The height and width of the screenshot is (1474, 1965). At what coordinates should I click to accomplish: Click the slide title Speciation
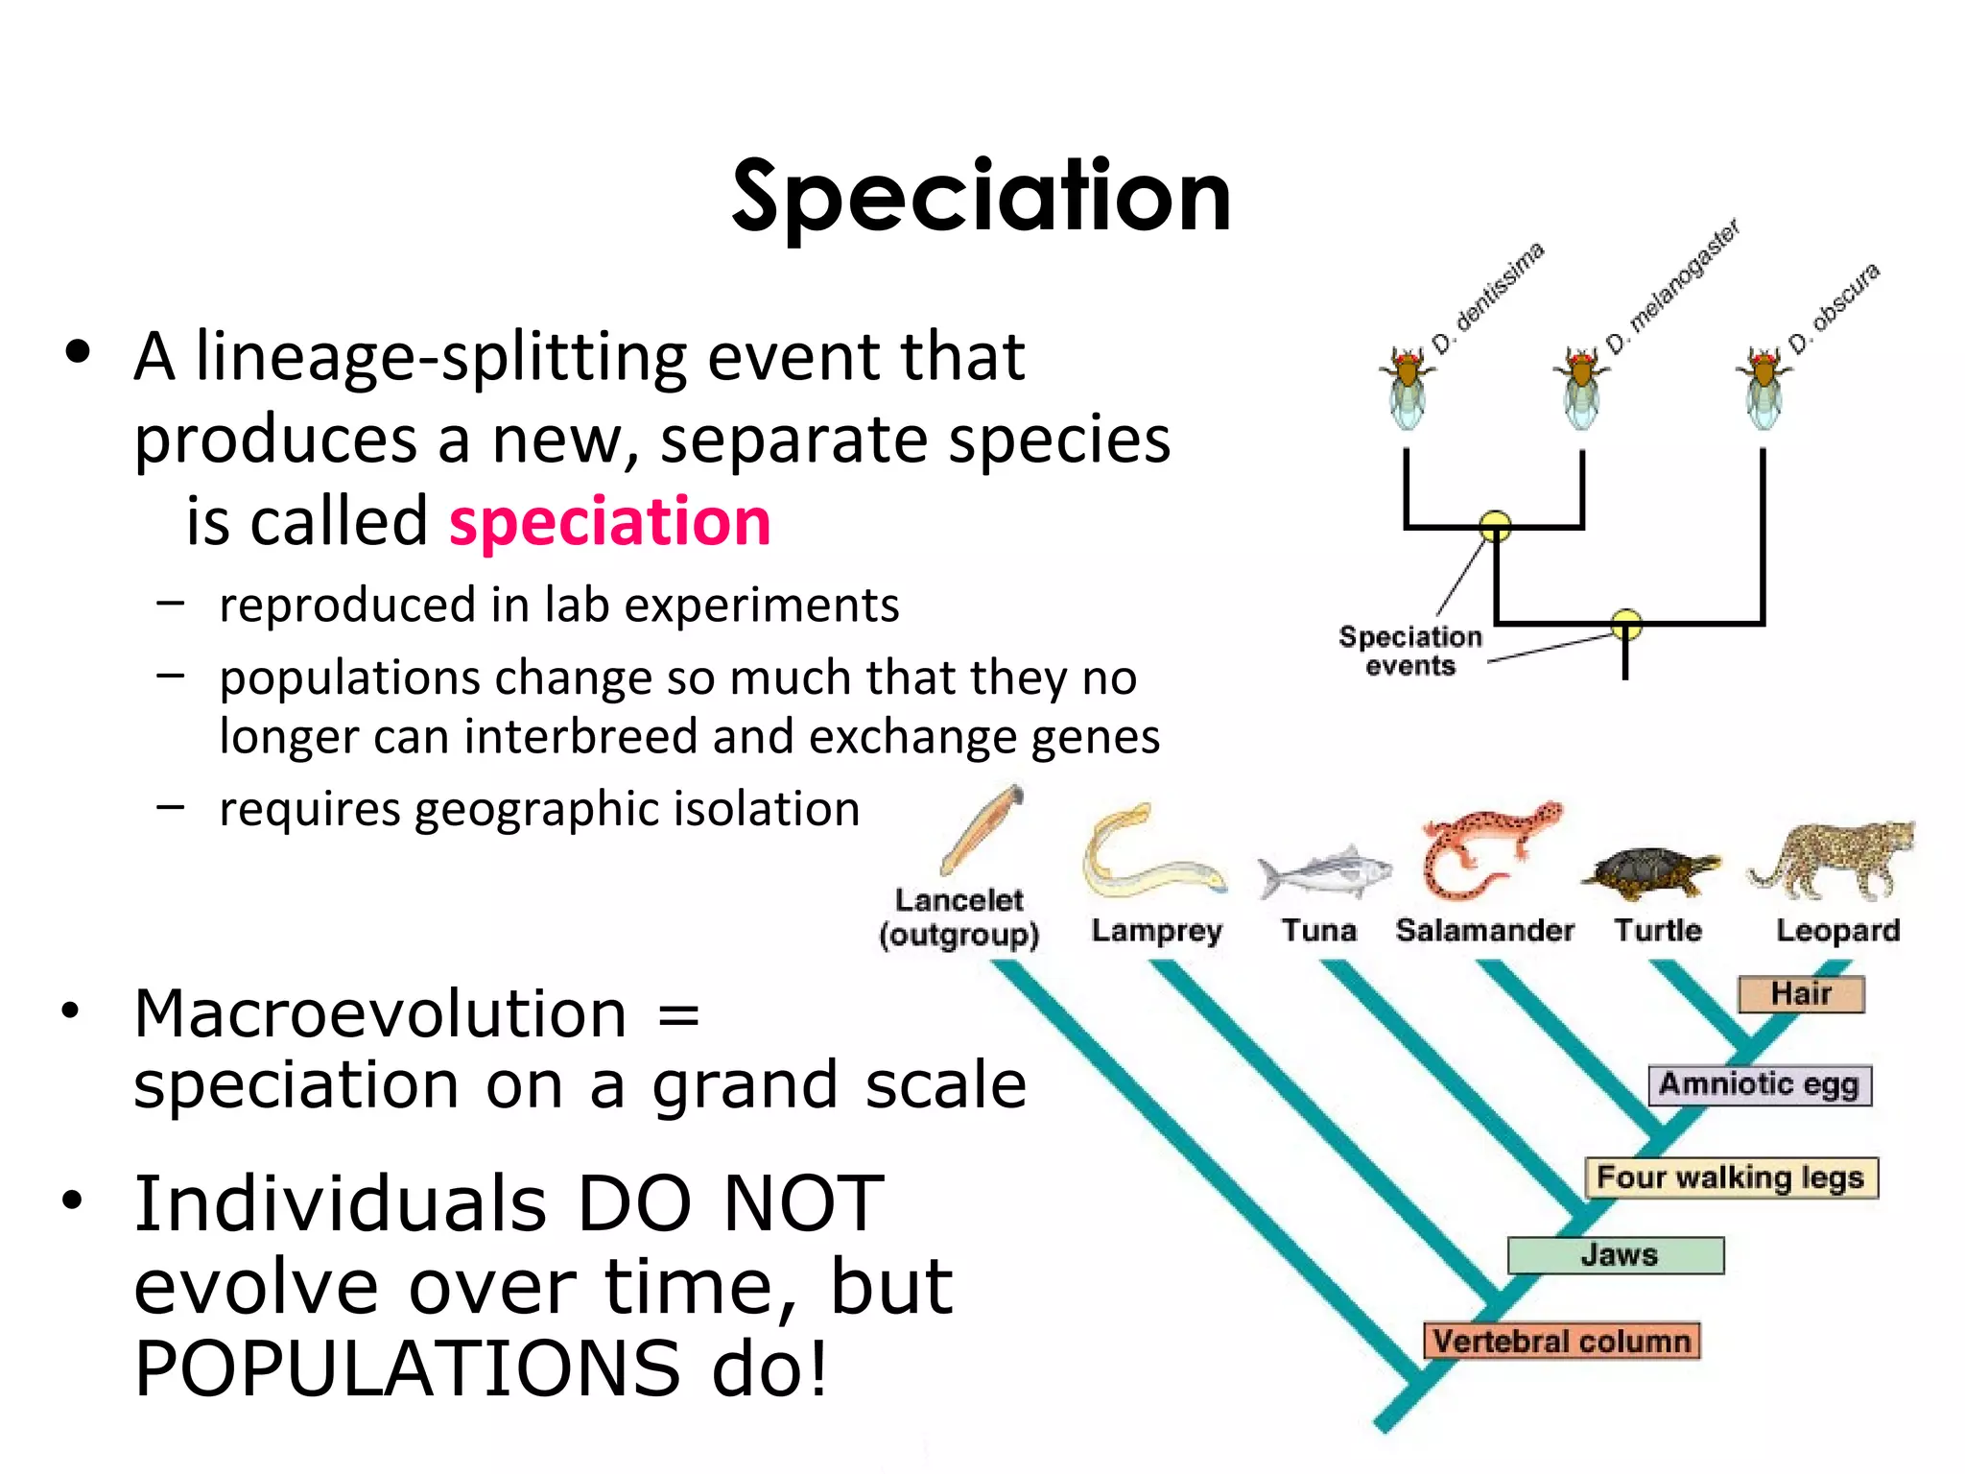(x=981, y=197)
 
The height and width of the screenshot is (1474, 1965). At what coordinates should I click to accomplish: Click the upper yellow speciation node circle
(x=1495, y=526)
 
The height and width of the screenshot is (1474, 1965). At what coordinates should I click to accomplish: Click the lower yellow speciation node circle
(x=1625, y=625)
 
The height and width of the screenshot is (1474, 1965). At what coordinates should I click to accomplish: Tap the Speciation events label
(x=1409, y=651)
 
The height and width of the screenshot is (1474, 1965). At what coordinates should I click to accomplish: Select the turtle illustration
(x=1650, y=871)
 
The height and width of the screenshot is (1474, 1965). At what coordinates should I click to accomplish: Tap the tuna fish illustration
(x=1324, y=871)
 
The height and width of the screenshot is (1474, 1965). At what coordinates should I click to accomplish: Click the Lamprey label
(x=1156, y=930)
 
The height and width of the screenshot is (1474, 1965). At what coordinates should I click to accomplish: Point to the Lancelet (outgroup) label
(x=959, y=916)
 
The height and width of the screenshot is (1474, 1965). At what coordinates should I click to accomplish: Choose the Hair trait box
(x=1801, y=994)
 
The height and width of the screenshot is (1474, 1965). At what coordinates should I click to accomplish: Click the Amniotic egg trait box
(x=1759, y=1084)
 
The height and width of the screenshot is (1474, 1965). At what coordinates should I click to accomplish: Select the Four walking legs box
(x=1730, y=1177)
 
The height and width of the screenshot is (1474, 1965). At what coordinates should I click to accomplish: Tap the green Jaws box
(x=1617, y=1255)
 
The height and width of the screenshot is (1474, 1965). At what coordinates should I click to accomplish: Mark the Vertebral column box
(x=1561, y=1341)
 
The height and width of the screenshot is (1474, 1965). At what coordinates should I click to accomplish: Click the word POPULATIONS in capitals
(x=408, y=1368)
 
